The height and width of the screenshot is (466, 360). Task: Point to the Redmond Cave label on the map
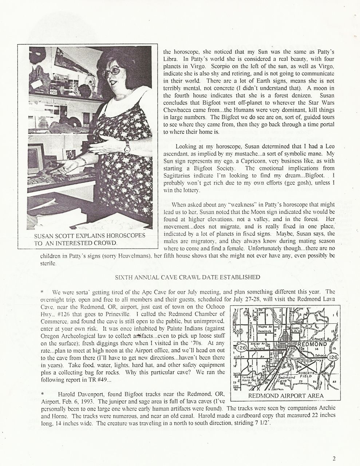286,380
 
